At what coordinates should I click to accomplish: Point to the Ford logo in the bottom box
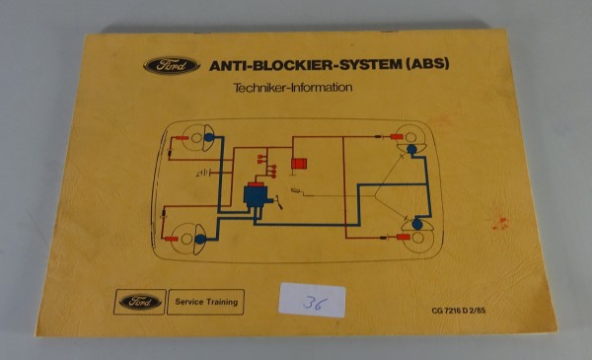[x=140, y=301]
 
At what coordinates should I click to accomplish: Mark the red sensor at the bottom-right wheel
[x=403, y=238]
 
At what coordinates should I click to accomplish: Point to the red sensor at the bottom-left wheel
[x=167, y=211]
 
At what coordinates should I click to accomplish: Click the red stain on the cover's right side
[x=500, y=223]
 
